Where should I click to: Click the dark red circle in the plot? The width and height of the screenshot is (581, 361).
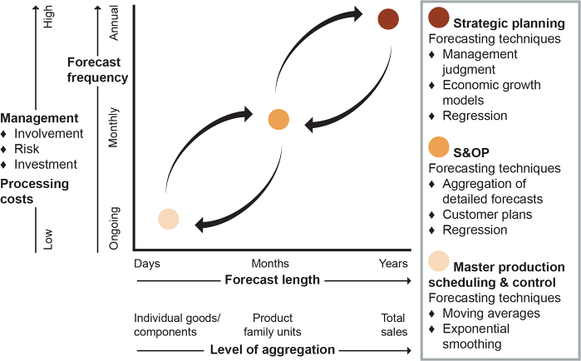[x=388, y=18]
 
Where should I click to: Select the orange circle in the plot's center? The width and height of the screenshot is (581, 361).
[x=278, y=119]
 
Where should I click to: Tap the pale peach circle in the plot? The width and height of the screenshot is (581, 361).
[x=168, y=219]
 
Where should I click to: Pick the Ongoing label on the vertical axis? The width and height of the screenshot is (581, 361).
[x=116, y=227]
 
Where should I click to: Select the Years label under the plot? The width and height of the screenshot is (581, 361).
[x=393, y=264]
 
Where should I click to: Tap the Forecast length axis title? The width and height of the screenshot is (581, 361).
[x=272, y=279]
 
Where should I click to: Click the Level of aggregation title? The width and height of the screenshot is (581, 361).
[x=272, y=349]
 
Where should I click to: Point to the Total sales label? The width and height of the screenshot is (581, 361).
[x=393, y=324]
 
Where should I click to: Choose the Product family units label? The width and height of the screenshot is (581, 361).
[x=273, y=324]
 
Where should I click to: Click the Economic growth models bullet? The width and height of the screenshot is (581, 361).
[x=491, y=92]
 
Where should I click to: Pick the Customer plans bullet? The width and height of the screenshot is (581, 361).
[x=486, y=214]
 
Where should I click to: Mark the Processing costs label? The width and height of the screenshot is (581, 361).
[x=34, y=191]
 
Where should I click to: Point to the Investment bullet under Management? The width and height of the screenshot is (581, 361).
[x=46, y=164]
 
